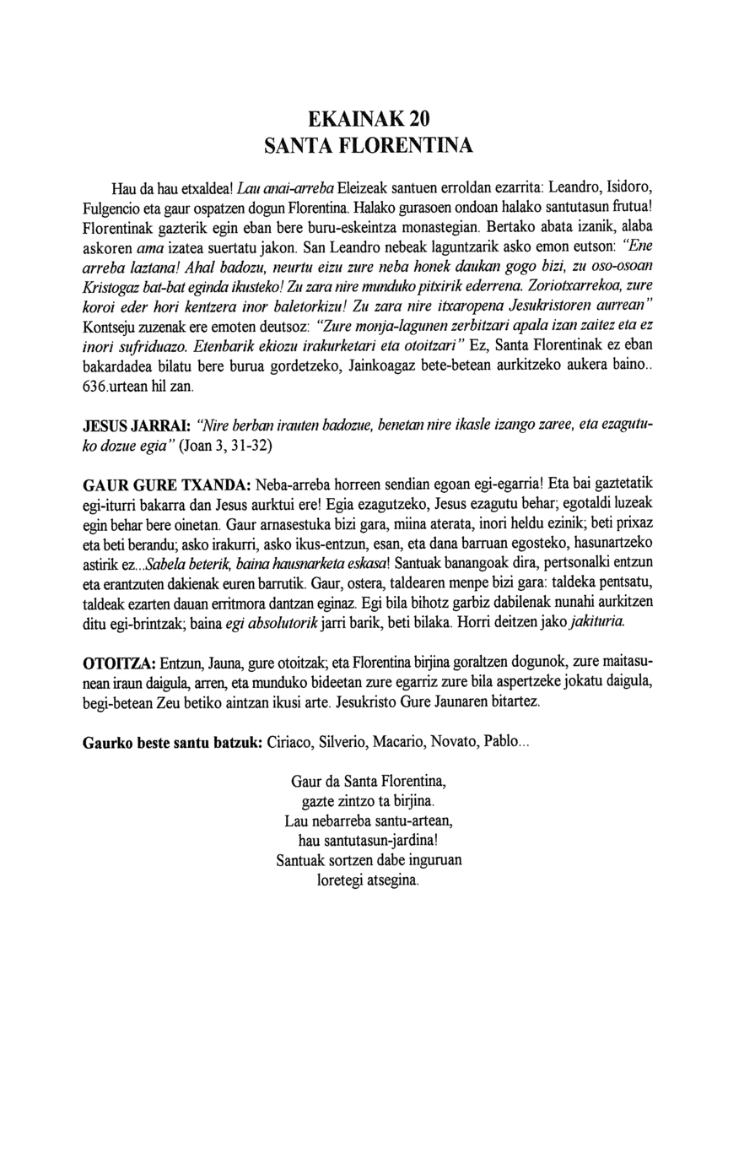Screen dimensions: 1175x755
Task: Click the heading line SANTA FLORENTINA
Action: click(x=369, y=146)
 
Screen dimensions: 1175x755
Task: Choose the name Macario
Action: click(x=396, y=743)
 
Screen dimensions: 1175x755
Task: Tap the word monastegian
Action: click(x=426, y=228)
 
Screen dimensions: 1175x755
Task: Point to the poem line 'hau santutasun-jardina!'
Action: click(x=368, y=841)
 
